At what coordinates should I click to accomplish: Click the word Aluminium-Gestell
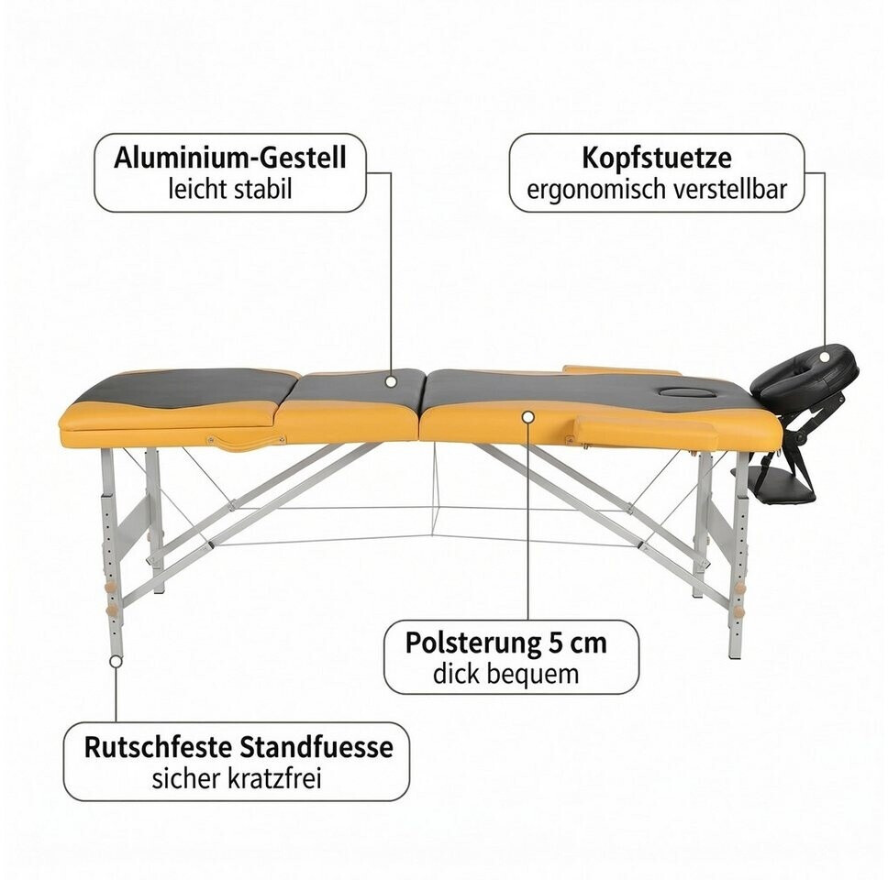tap(230, 158)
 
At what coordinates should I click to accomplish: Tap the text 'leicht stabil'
tap(230, 189)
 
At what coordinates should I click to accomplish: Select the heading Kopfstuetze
tap(657, 158)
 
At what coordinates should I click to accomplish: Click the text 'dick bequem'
tap(505, 675)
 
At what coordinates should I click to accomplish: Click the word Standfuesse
tap(316, 748)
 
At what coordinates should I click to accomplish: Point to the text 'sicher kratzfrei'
tap(237, 779)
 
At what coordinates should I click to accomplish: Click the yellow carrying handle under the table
tap(246, 442)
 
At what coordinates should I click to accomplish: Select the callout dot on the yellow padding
tap(528, 417)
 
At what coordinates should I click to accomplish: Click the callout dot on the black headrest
tap(825, 357)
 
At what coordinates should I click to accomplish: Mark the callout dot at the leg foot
tap(117, 662)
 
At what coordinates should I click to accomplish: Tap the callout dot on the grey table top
tap(391, 381)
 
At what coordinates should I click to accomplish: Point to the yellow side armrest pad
tap(646, 431)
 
